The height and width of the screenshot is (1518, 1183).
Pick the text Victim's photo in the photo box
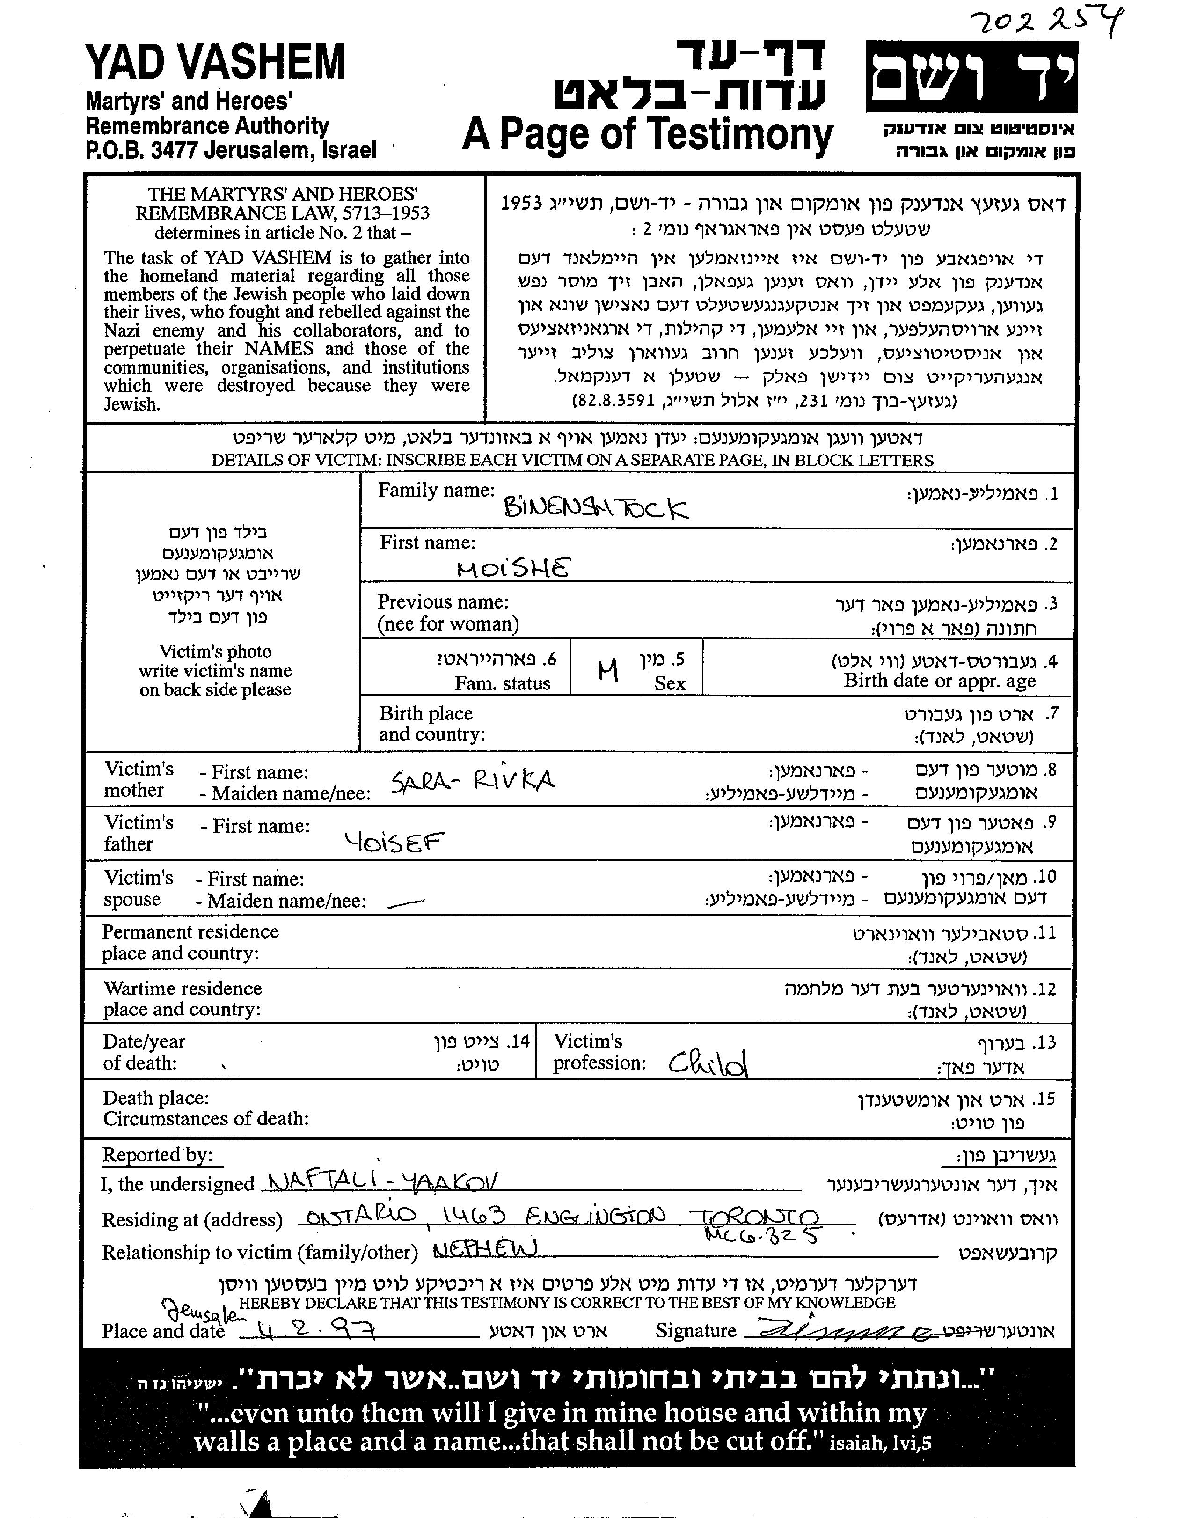215,651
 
